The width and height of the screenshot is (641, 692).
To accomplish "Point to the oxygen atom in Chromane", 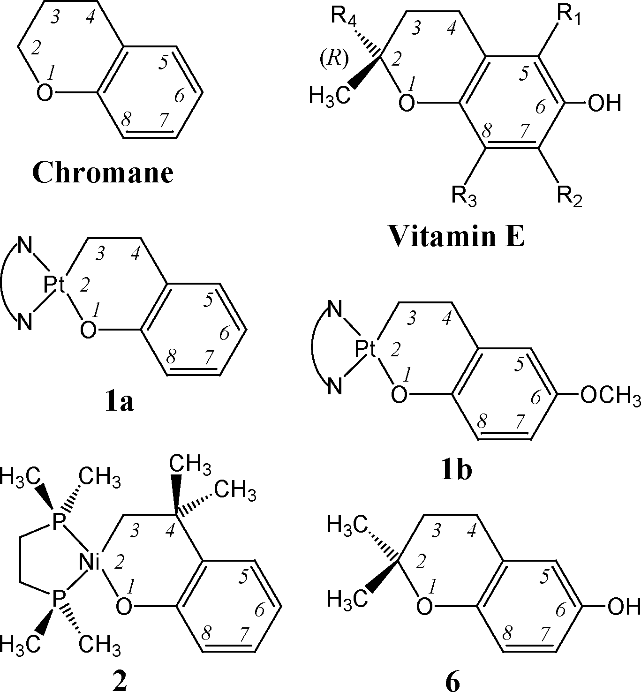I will point(45,93).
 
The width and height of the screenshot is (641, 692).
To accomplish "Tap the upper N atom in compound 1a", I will point(25,246).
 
